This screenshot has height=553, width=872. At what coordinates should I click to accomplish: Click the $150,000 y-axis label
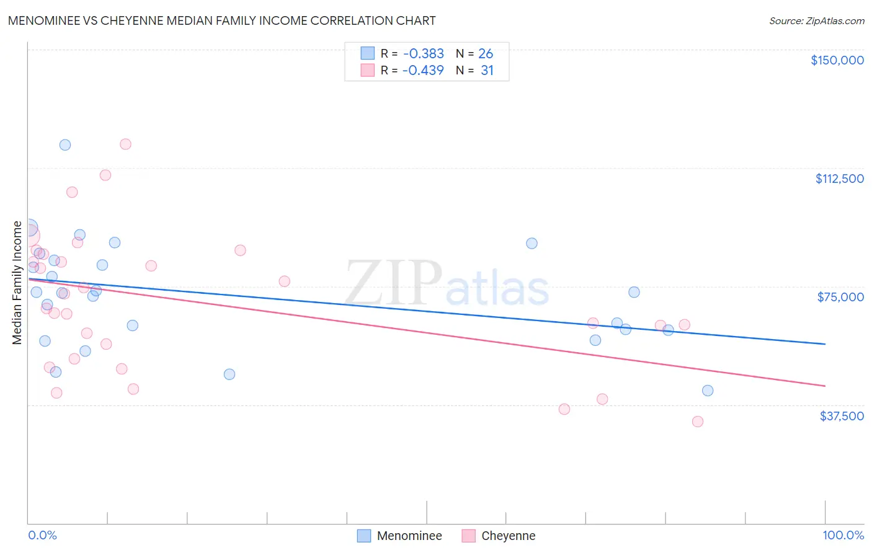pos(837,60)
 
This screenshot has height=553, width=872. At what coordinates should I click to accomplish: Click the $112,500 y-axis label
pos(839,179)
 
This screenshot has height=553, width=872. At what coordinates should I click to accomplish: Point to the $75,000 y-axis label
pos(840,297)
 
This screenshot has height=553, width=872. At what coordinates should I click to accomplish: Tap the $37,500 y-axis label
pos(842,415)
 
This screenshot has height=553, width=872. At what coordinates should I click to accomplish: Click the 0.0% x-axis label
pos(42,535)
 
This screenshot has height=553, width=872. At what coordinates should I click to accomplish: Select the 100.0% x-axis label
pos(843,535)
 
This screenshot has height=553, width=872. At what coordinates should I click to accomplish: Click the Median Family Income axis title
pos(17,283)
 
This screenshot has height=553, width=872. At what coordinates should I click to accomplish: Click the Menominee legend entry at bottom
pos(409,536)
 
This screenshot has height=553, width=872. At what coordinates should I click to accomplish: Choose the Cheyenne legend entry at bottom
pos(507,536)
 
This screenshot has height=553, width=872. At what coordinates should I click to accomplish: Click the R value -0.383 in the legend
pos(423,54)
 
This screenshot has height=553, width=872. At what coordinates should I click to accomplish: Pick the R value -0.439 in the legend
pos(423,70)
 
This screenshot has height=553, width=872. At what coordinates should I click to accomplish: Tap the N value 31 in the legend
pos(487,70)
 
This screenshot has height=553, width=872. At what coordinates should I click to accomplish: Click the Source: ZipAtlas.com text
pos(816,20)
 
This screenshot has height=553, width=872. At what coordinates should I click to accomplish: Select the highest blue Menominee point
pos(65,145)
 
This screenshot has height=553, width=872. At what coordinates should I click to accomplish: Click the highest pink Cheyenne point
pos(125,144)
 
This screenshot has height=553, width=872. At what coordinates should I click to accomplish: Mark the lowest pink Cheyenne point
pos(698,422)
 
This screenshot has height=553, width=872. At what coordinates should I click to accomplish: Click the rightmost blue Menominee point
pos(708,391)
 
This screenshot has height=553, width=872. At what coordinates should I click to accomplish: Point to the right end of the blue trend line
pos(825,343)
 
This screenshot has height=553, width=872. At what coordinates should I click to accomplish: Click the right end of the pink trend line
pos(825,386)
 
